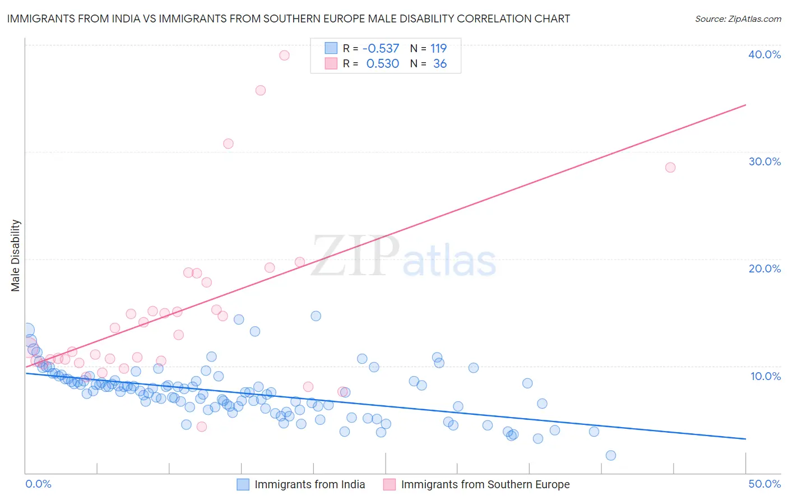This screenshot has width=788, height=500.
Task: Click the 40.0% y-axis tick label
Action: pyautogui.click(x=764, y=54)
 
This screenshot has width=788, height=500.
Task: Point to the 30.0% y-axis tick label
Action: pyautogui.click(x=764, y=161)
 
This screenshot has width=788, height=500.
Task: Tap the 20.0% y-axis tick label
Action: pyautogui.click(x=764, y=268)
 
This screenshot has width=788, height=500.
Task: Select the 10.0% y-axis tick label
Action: pyautogui.click(x=765, y=376)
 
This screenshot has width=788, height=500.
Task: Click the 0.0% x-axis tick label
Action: pyautogui.click(x=38, y=484)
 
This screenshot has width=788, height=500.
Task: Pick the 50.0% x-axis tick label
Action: pyautogui.click(x=764, y=484)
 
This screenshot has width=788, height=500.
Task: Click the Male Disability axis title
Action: pyautogui.click(x=16, y=255)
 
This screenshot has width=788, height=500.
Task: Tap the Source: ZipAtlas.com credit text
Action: pyautogui.click(x=738, y=18)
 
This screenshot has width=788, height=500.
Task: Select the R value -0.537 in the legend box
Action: pyautogui.click(x=381, y=49)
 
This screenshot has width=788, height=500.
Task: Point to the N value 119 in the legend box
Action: pyautogui.click(x=438, y=49)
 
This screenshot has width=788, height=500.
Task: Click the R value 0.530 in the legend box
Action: pyautogui.click(x=382, y=64)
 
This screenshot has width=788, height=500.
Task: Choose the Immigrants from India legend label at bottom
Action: pyautogui.click(x=309, y=484)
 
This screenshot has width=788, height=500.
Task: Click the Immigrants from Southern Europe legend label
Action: pyautogui.click(x=485, y=484)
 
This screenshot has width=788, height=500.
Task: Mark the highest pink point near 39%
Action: pyautogui.click(x=284, y=55)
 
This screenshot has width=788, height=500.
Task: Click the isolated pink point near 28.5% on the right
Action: pyautogui.click(x=670, y=167)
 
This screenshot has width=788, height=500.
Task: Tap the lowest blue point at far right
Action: pyautogui.click(x=611, y=455)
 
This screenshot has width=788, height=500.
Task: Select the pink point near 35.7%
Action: pyautogui.click(x=260, y=90)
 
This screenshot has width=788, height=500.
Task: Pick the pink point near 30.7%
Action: pyautogui.click(x=228, y=143)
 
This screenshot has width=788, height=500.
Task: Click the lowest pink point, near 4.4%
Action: pyautogui.click(x=202, y=427)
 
